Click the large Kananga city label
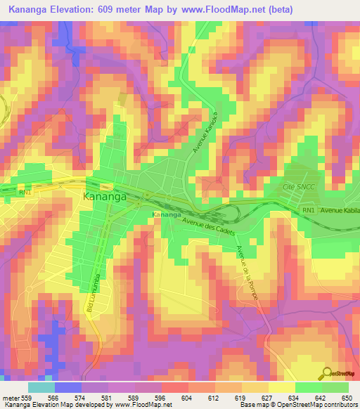tap(105, 197)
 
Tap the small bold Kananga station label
tap(167, 214)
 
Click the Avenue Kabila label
tap(339, 211)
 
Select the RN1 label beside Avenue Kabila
tap(307, 210)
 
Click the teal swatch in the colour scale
tap(41, 387)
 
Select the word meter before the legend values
tap(10, 397)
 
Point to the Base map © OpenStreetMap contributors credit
tap(297, 405)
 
